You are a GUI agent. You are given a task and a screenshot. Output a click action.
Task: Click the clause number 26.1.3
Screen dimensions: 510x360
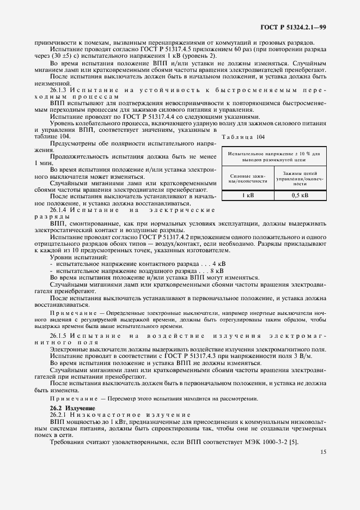[x=58, y=89]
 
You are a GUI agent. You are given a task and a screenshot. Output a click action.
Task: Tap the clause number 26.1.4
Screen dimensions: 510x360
[x=58, y=209]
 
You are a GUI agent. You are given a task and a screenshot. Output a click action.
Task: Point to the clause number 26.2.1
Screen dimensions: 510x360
[x=58, y=415]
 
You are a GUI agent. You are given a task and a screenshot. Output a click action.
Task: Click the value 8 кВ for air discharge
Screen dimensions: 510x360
[x=217, y=270]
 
